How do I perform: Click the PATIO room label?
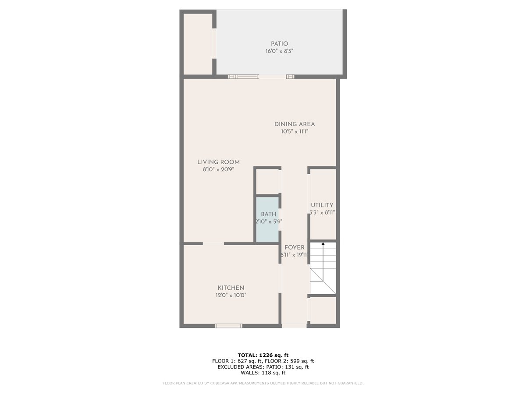click(x=279, y=44)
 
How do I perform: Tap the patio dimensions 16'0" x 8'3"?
click(x=279, y=51)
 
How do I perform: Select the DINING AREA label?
click(x=295, y=124)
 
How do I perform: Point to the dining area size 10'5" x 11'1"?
click(x=295, y=132)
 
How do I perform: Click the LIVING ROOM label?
click(x=219, y=162)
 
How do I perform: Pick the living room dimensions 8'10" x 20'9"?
click(x=219, y=169)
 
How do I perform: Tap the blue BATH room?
click(x=267, y=219)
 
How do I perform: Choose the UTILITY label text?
click(x=322, y=205)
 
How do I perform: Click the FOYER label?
click(x=295, y=248)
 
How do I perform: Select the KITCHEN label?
click(x=231, y=288)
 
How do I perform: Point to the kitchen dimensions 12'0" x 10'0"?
click(x=231, y=295)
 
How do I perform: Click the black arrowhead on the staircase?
click(x=323, y=244)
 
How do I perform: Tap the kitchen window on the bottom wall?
click(x=228, y=326)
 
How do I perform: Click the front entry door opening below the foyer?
click(x=294, y=326)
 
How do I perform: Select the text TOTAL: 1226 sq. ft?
click(x=263, y=355)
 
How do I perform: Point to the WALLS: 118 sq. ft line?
click(x=263, y=373)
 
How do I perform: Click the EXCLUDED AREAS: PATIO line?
click(x=263, y=367)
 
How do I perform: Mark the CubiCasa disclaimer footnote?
click(x=263, y=383)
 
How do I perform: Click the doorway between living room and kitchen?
click(x=213, y=243)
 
